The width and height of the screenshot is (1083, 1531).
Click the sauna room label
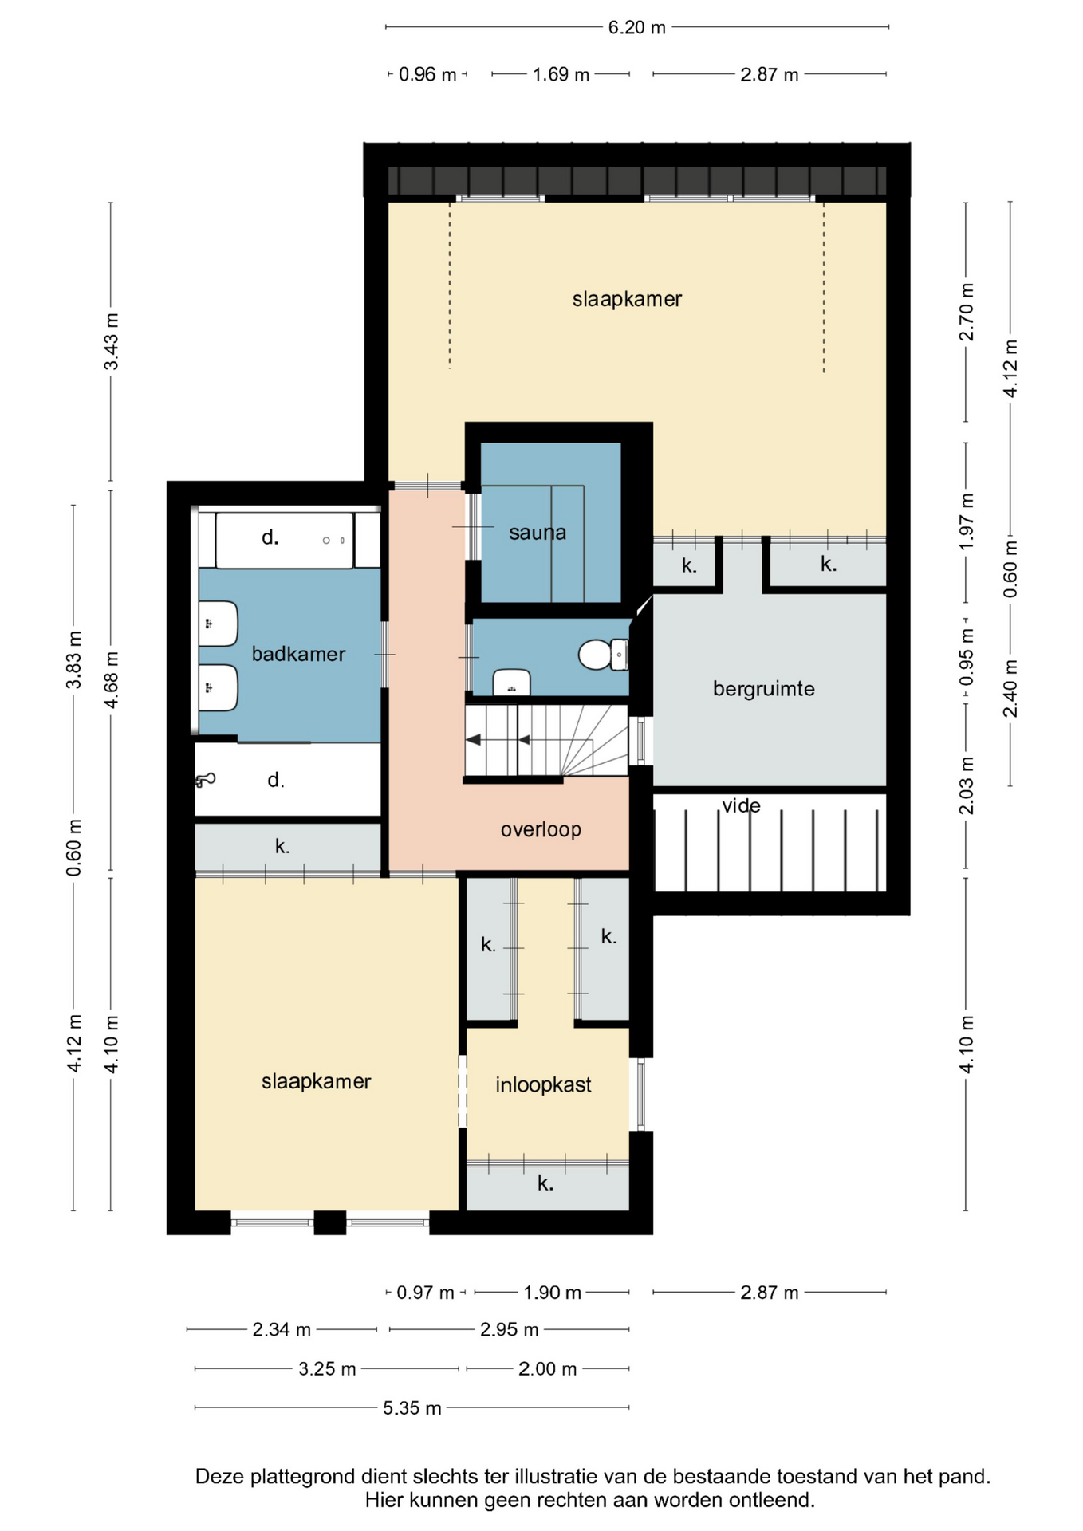(x=538, y=533)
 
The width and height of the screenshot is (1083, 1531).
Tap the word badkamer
(x=298, y=654)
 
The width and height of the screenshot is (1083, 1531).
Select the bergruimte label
(x=764, y=688)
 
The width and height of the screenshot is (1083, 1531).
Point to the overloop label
(x=541, y=830)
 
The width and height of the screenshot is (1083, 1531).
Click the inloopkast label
(x=543, y=1084)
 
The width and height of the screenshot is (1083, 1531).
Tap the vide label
(x=742, y=805)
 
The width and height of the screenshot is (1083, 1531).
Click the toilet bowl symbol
(x=602, y=655)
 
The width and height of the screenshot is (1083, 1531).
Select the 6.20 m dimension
(x=637, y=27)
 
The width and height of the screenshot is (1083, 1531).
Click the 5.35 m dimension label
(x=412, y=1407)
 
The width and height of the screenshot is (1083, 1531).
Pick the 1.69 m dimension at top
(x=561, y=74)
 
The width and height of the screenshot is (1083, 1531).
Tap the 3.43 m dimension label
(x=112, y=341)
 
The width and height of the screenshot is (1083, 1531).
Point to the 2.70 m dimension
(x=967, y=312)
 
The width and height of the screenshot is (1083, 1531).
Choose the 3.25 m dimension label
(x=327, y=1369)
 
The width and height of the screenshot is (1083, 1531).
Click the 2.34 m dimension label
(x=282, y=1329)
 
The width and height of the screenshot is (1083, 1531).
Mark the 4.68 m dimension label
(x=112, y=679)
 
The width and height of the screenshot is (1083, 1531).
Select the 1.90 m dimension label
(x=552, y=1292)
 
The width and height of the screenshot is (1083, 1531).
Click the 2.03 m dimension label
(x=967, y=785)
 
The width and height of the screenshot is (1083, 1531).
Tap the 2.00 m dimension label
(x=547, y=1369)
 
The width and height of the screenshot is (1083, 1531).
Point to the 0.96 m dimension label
(x=427, y=74)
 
